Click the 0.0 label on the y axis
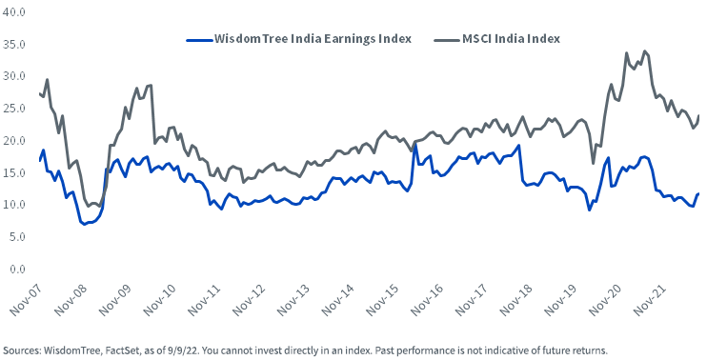[15, 269]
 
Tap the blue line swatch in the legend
[198, 39]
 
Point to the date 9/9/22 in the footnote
[166, 349]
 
